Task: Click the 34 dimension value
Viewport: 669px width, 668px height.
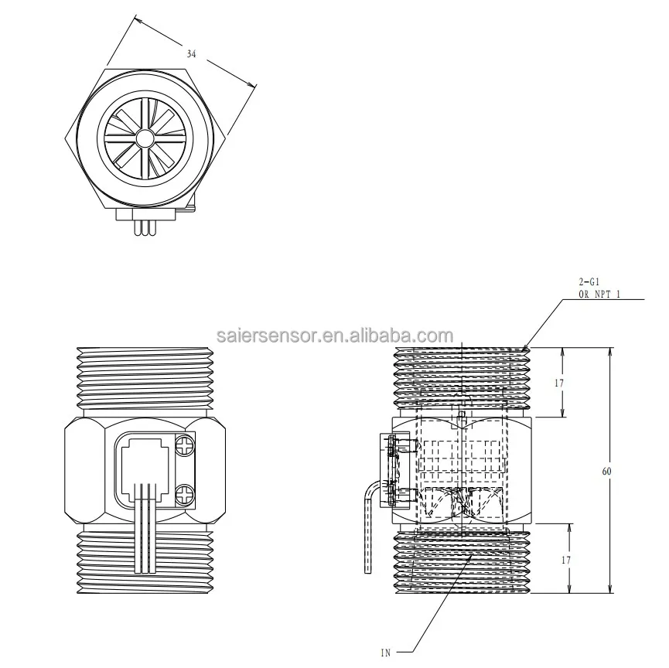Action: coord(191,54)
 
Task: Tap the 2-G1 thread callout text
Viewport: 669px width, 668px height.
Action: coord(589,282)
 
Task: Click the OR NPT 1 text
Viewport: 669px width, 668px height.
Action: coord(602,295)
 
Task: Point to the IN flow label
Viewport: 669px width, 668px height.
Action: coord(385,653)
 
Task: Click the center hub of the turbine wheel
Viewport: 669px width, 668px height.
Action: coord(145,138)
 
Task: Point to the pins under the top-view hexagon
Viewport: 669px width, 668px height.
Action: coord(145,227)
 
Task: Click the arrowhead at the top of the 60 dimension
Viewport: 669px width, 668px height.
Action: coord(610,351)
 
